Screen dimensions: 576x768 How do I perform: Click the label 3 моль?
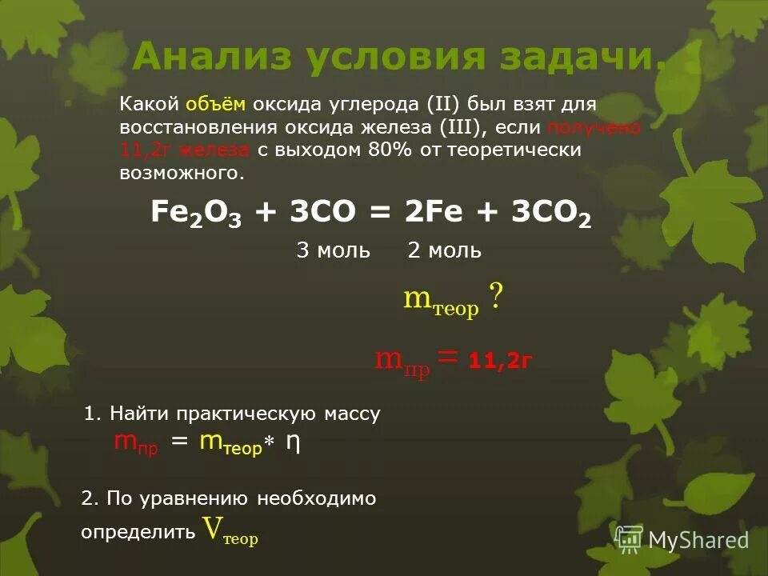(333, 250)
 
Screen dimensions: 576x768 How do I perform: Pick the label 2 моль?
(444, 250)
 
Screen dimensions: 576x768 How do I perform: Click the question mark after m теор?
(496, 299)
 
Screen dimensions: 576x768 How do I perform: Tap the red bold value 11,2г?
(501, 361)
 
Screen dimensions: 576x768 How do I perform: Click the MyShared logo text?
(698, 540)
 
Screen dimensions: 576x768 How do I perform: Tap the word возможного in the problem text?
(181, 173)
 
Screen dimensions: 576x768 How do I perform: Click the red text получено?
(594, 128)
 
